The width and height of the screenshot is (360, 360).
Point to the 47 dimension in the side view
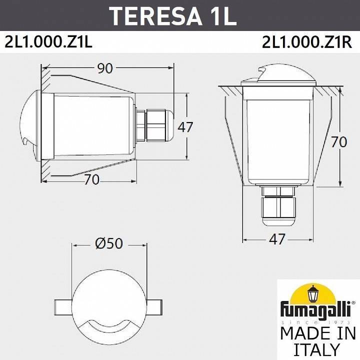(185, 127)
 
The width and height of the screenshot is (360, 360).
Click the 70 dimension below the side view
(91, 180)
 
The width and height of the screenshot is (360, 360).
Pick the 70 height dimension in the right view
(339, 142)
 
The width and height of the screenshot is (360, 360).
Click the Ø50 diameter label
(108, 243)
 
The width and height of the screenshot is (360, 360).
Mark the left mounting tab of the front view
(64, 305)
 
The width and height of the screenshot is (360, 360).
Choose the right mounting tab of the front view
(153, 305)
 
